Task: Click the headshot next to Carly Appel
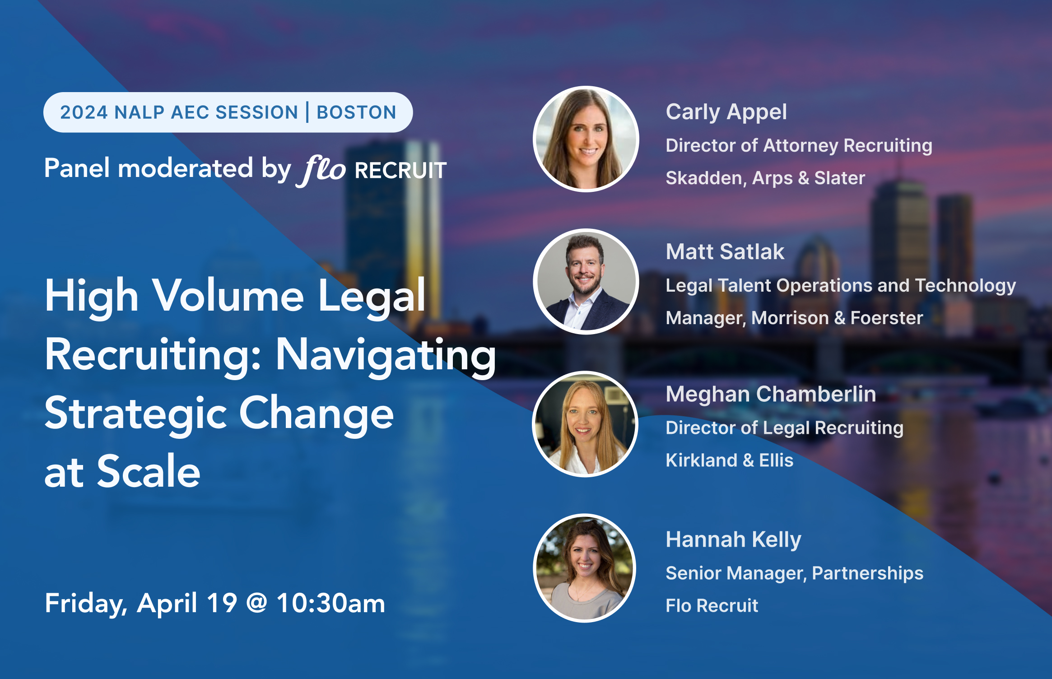coord(586,139)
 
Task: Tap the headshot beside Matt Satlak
coord(586,282)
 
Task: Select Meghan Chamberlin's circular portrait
coord(585,424)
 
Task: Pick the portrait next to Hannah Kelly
coord(585,568)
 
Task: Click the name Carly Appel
coord(726,112)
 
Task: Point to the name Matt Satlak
coord(725,252)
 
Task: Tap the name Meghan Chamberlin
coord(771,394)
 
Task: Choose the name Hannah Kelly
coord(733,539)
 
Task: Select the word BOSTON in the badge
coord(356,112)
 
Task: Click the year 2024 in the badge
coord(84,112)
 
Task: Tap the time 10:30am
coord(331,603)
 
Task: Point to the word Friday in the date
coord(85,604)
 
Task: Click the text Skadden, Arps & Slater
coord(765,178)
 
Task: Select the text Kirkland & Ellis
coord(729,460)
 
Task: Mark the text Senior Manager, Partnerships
coord(794,573)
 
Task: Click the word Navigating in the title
coord(386,356)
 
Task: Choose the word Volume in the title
coord(228,297)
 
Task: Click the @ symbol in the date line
coord(256,603)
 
